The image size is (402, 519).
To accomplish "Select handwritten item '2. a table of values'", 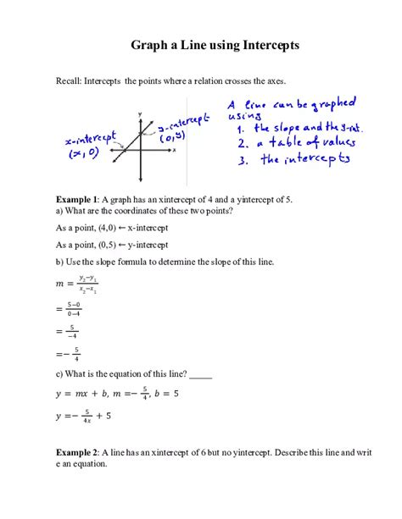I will pos(297,144).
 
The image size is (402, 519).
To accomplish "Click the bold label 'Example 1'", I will pos(77,199).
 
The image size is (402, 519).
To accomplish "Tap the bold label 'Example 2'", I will pos(77,453).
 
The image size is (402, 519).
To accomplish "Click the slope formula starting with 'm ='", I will pos(75,284).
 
